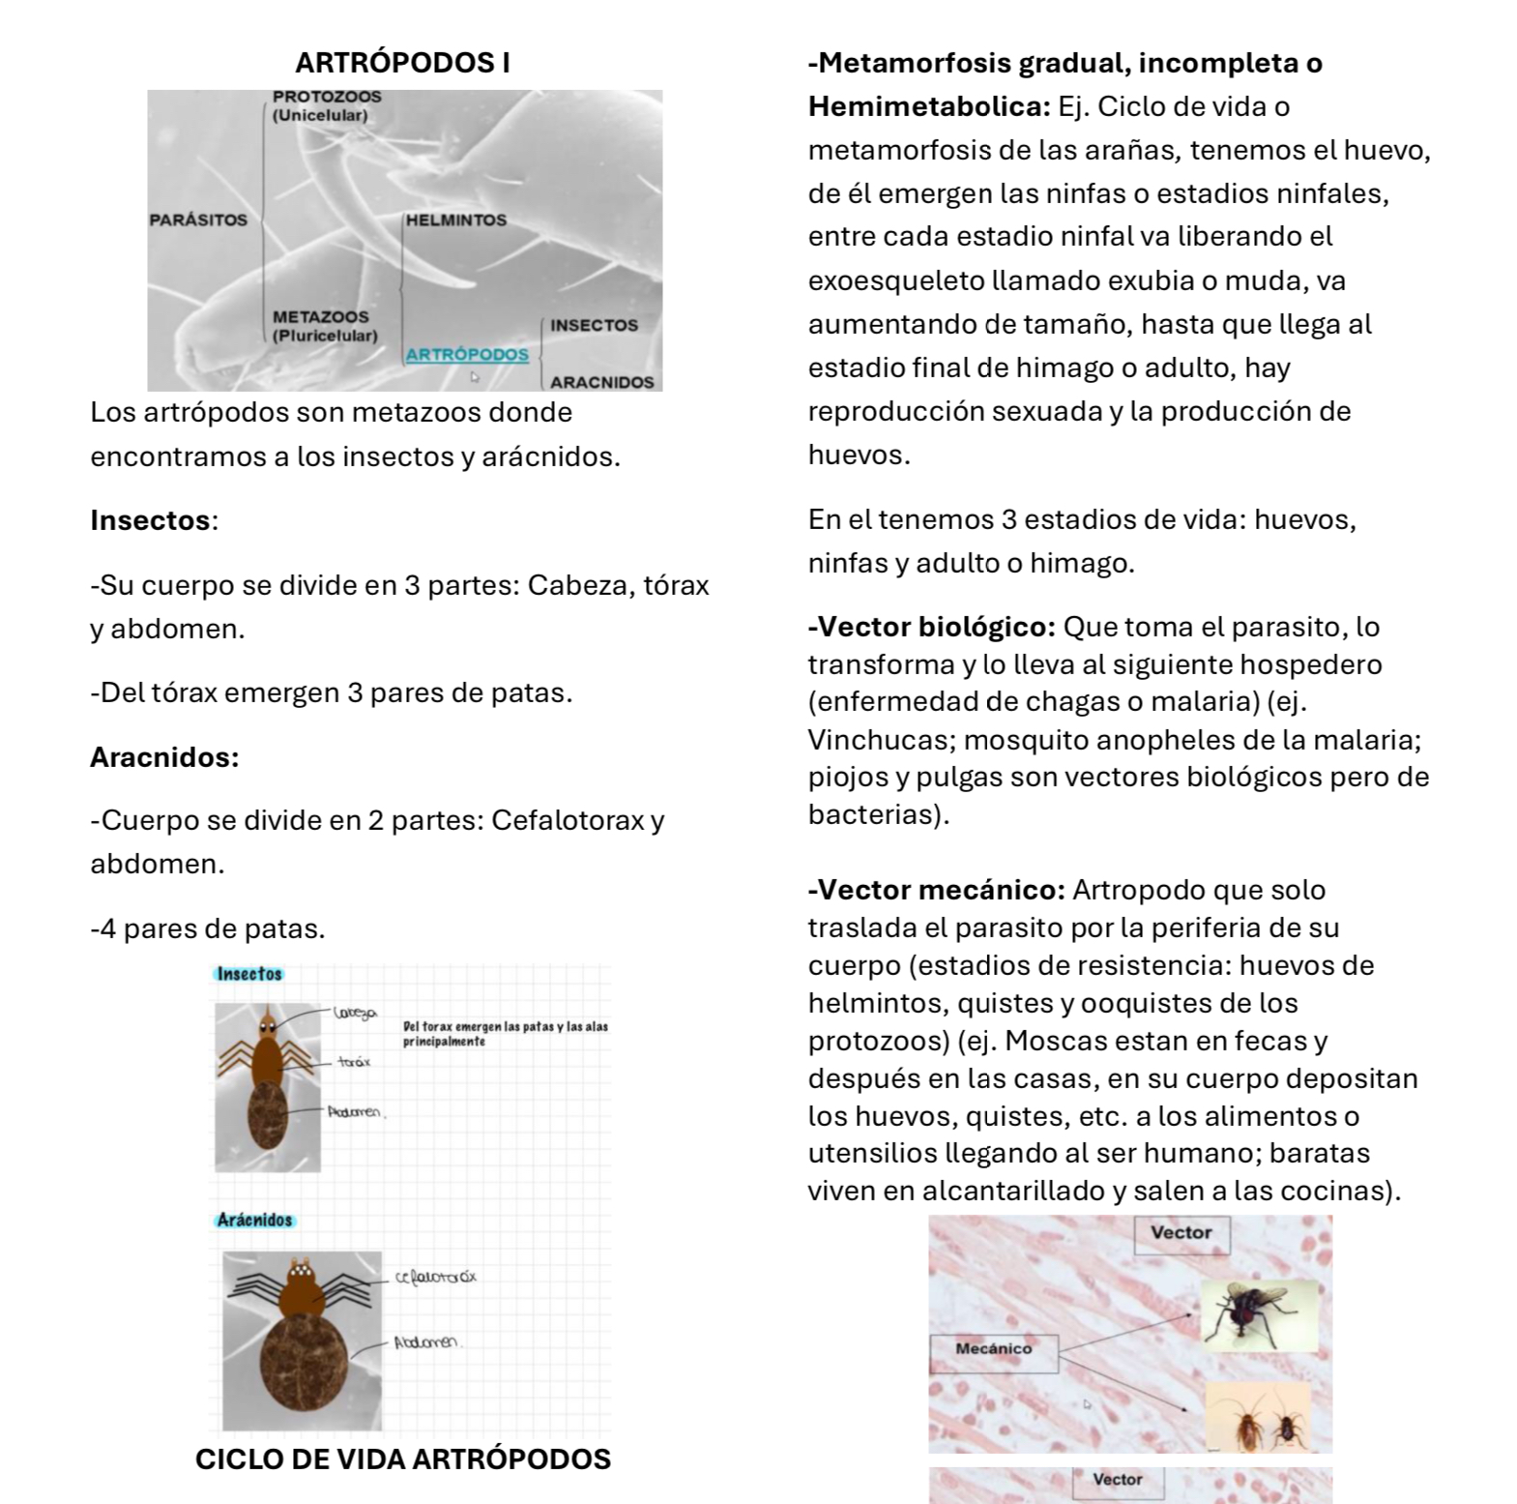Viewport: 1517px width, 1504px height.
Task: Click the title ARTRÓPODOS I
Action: pos(402,63)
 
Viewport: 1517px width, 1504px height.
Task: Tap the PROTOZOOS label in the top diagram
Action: pos(327,97)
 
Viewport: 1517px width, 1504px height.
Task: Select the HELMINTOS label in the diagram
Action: pos(456,221)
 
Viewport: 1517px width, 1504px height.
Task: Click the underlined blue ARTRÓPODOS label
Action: pos(467,354)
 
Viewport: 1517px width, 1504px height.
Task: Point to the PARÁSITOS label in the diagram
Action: pos(198,221)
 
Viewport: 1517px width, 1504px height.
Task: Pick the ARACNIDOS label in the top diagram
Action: pos(601,382)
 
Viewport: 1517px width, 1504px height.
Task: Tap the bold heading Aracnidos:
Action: pos(164,757)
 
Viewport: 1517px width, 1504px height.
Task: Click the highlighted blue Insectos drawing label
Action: pos(249,974)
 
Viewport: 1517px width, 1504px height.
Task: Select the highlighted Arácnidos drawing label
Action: pos(254,1221)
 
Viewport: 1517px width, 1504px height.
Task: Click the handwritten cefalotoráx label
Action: pos(436,1278)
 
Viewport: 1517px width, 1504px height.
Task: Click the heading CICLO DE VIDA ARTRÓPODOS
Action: pos(402,1460)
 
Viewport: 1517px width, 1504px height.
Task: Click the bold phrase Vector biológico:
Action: pos(932,628)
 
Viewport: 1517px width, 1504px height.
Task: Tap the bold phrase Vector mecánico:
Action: pos(936,890)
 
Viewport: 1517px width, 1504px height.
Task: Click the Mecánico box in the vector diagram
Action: pos(994,1348)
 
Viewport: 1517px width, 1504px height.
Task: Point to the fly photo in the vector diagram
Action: pos(1259,1314)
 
